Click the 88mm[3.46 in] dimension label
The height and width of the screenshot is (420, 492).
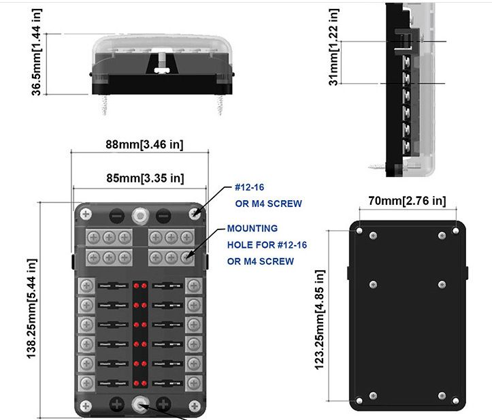pyautogui.click(x=144, y=144)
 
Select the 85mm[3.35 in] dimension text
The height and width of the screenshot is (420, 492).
pyautogui.click(x=144, y=178)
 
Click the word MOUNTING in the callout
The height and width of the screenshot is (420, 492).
pyautogui.click(x=252, y=229)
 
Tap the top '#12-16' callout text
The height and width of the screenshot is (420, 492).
pyautogui.click(x=252, y=187)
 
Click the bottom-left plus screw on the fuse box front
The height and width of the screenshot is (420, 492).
pyautogui.click(x=116, y=404)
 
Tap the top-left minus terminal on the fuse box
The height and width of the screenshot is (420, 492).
pyautogui.click(x=116, y=214)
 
